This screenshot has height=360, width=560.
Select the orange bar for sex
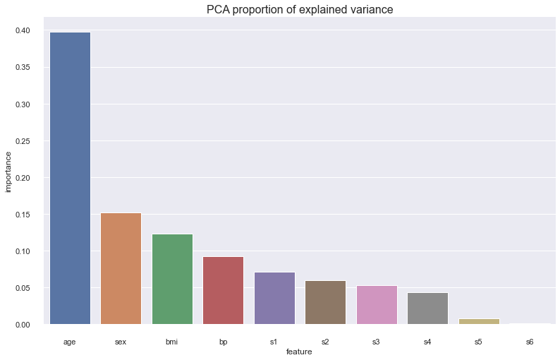coord(121,268)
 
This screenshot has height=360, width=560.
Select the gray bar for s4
coord(427,308)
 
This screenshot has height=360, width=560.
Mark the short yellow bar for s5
coord(479,321)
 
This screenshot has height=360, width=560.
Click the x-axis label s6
coord(530,342)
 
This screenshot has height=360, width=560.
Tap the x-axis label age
coord(70,342)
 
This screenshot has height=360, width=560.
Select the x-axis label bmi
coord(172,342)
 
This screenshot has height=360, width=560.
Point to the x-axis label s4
coord(427,342)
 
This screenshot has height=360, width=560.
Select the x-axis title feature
coord(300,351)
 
